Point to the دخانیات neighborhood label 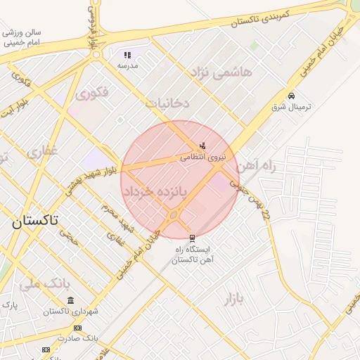coord(167,103)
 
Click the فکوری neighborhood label coord(92,93)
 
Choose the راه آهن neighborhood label coord(254,167)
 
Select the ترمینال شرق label coord(291,108)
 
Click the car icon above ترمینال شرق coord(291,96)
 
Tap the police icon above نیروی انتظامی coord(202,146)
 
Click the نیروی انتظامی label coord(203,157)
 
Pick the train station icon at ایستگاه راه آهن coord(193,238)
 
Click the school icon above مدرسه coord(127,54)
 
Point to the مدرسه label coord(127,65)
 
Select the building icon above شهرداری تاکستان coord(70,300)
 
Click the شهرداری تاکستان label coord(70,311)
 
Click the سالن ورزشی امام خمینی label coord(22,37)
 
